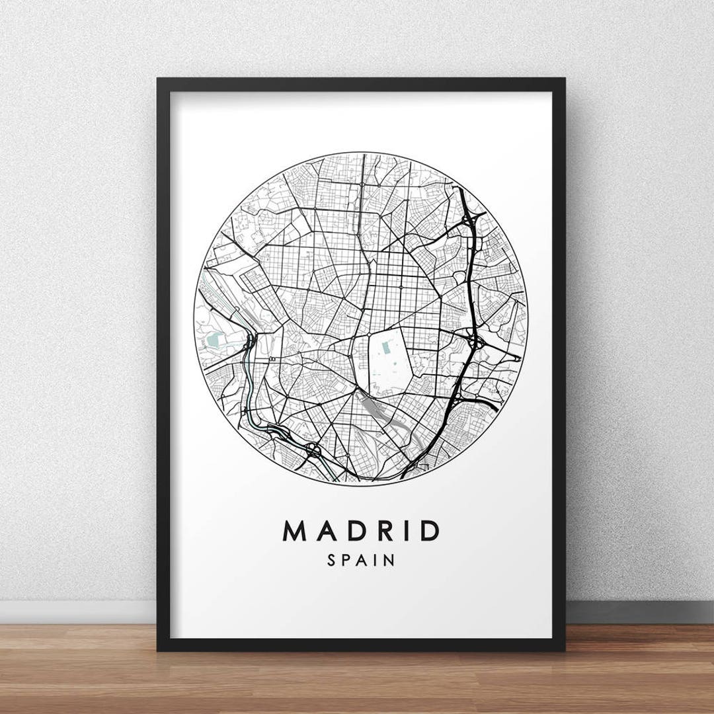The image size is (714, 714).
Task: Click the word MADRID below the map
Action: pos(361,531)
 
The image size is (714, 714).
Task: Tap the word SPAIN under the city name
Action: pos(361,561)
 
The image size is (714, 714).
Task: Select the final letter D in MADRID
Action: pos(430,531)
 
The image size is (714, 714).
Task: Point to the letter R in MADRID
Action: pos(378,531)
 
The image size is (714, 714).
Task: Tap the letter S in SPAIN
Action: pos(331,561)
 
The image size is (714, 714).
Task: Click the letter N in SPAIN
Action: pos(390,561)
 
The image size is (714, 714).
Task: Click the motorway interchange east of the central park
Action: pos(475,342)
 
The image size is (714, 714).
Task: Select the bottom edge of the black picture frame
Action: pos(361,646)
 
